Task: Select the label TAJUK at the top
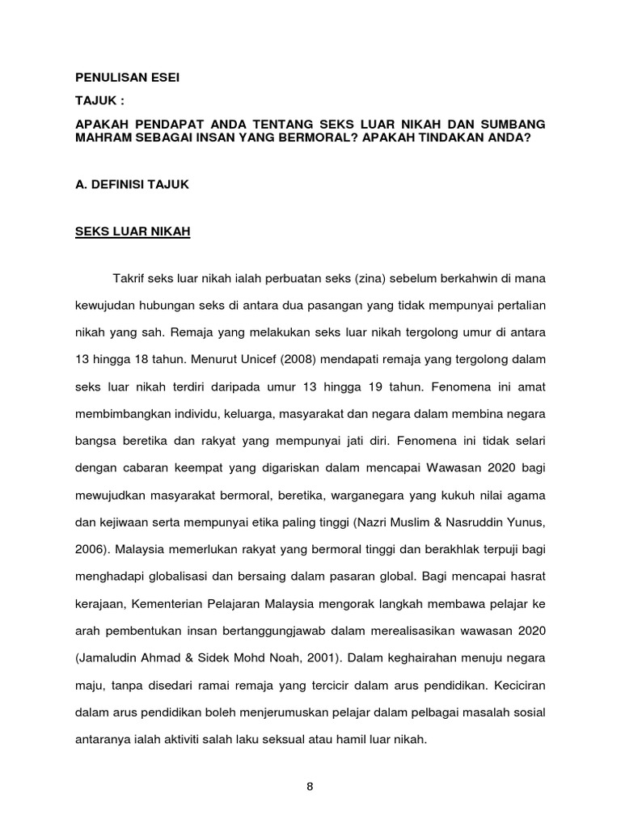point(98,101)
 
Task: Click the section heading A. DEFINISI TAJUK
point(132,185)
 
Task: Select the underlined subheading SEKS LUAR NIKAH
point(133,231)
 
